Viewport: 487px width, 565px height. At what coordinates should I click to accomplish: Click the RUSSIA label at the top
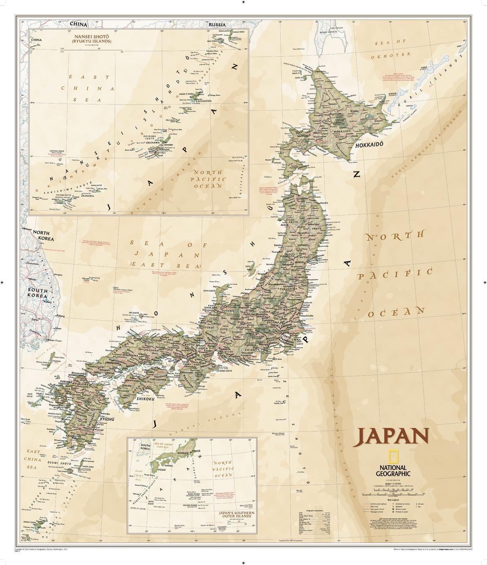(217, 25)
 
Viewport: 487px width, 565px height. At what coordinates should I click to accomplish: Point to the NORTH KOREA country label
(44, 236)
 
